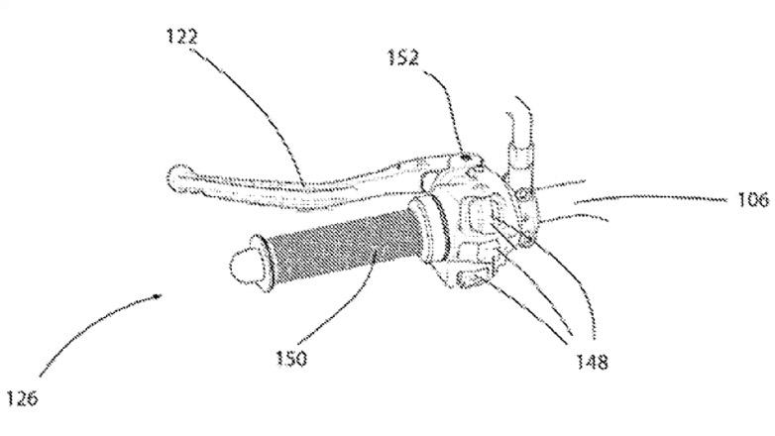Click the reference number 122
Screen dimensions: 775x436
tap(182, 37)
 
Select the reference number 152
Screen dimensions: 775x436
tap(403, 57)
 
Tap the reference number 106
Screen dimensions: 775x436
tap(753, 200)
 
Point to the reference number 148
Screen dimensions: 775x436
tap(592, 362)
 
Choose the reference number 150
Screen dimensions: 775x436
tap(290, 358)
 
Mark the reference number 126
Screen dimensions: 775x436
tap(22, 397)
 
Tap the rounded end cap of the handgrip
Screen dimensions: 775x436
tap(246, 265)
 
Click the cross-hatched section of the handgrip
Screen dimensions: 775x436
tap(341, 246)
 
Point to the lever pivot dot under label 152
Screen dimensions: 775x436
tap(465, 159)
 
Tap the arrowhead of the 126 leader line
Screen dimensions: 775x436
tap(158, 296)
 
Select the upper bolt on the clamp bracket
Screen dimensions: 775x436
tap(525, 198)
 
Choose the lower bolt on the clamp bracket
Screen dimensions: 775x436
tap(527, 241)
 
